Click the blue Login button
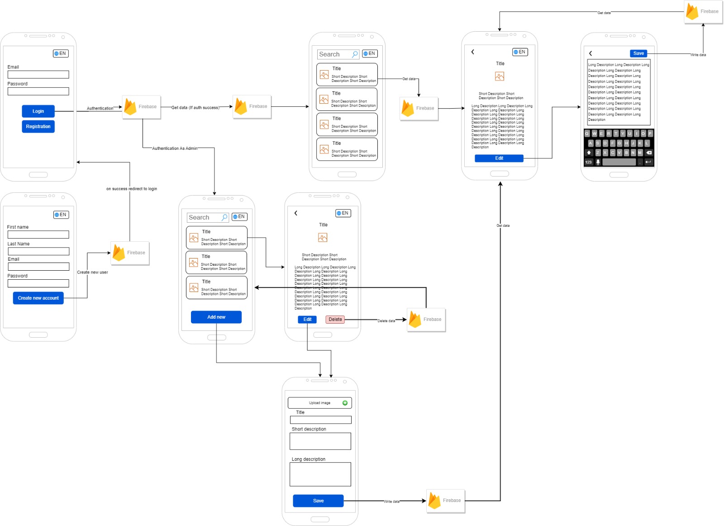point(38,111)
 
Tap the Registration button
point(38,127)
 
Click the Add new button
point(216,317)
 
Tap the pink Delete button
point(335,320)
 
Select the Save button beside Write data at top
point(638,53)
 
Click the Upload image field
point(319,403)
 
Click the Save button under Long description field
point(318,501)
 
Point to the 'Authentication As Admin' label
point(175,148)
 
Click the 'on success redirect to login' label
point(132,189)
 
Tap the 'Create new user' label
point(92,273)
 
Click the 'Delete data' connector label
point(386,321)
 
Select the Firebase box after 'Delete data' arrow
point(426,320)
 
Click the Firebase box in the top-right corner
point(703,12)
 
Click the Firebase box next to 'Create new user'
point(130,253)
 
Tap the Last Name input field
point(38,251)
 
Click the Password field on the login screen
point(38,91)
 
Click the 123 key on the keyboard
point(588,162)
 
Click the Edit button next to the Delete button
point(307,320)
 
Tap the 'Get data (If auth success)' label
point(195,108)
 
